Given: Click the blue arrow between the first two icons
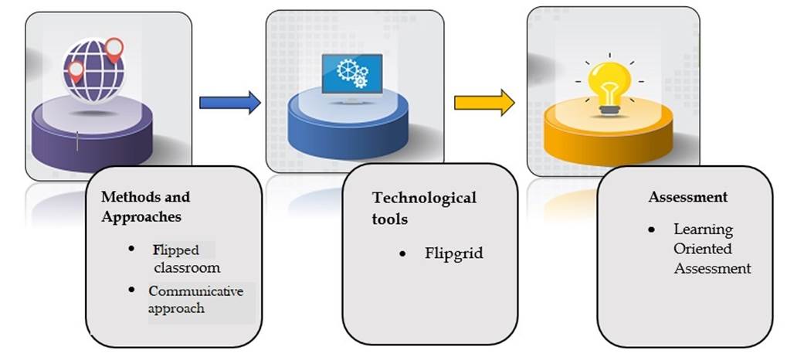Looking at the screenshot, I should click(x=229, y=102).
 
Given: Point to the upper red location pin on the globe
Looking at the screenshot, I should click(x=114, y=49).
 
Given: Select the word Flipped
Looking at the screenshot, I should click(x=175, y=250).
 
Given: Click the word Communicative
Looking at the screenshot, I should click(x=196, y=291).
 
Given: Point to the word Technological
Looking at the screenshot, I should click(x=424, y=198).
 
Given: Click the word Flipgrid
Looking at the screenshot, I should click(x=453, y=253).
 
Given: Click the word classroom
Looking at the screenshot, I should click(x=186, y=268).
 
